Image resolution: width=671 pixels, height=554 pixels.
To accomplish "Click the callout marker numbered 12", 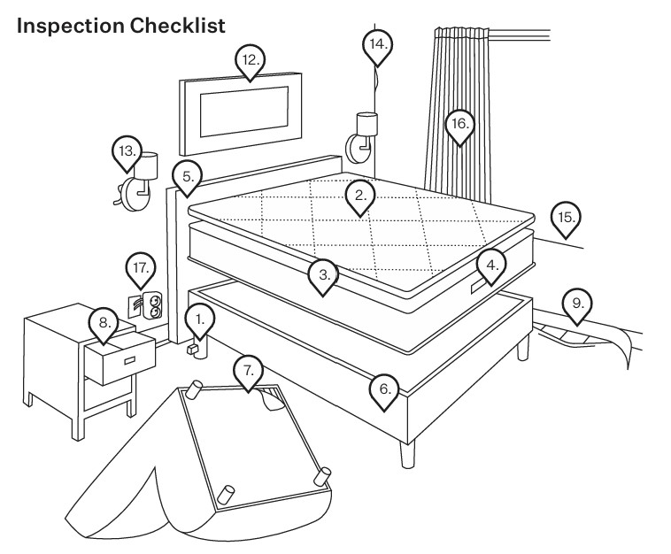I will [x=251, y=60].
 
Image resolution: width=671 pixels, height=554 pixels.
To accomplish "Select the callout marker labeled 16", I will [x=459, y=126].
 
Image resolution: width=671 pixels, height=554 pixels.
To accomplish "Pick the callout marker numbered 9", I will [x=577, y=304].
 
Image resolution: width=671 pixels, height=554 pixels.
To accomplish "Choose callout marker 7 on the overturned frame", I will [x=249, y=372].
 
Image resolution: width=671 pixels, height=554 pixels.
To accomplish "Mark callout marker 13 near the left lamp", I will [x=128, y=152].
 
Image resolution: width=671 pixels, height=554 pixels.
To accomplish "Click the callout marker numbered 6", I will [x=384, y=389].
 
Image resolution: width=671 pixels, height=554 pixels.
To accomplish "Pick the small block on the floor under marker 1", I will [x=189, y=350].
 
